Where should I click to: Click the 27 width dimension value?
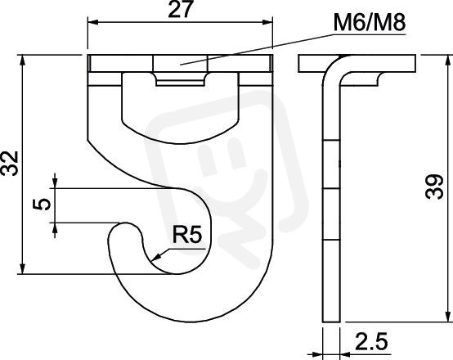180,10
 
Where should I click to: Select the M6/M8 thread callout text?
370,23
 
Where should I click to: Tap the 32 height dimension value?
10,163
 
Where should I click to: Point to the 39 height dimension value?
434,187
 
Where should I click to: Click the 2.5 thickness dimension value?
371,341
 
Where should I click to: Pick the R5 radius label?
187,235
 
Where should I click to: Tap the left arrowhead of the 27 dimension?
93,22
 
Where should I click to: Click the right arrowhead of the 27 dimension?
267,22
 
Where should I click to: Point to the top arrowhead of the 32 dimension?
23,60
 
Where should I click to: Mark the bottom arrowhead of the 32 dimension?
23,268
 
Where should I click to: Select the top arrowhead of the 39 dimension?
447,60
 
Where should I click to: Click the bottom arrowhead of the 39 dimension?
447,316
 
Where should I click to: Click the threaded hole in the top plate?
180,64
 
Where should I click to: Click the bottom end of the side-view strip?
331,321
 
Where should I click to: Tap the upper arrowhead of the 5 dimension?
55,182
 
